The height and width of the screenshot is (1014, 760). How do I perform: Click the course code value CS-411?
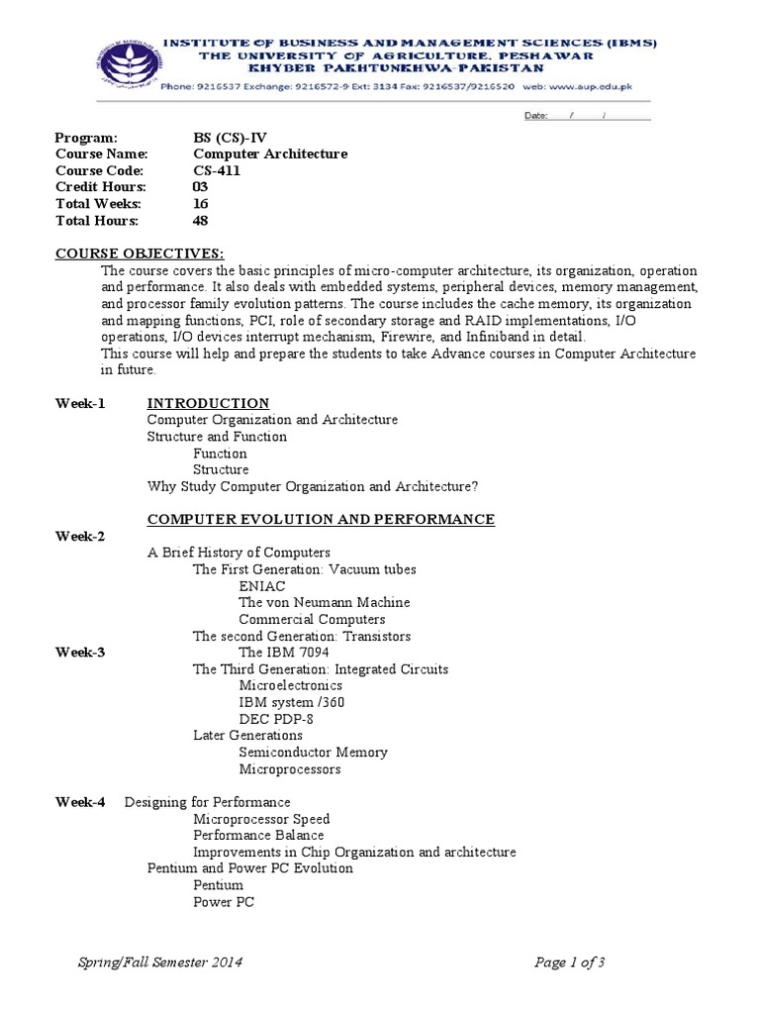pos(216,170)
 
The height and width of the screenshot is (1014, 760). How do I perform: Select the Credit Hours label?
pos(101,187)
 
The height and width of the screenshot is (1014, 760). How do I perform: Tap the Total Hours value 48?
pos(201,221)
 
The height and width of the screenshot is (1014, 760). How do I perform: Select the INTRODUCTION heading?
pos(208,403)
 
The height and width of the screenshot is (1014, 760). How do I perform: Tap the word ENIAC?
pos(262,586)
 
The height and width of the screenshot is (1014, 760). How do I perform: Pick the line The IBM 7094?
pos(284,653)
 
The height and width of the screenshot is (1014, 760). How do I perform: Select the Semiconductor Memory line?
pos(314,753)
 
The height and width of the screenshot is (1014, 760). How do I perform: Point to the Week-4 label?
pos(80,802)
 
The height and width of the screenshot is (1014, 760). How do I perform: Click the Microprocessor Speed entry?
pos(261,819)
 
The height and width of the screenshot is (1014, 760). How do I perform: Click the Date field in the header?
pos(587,116)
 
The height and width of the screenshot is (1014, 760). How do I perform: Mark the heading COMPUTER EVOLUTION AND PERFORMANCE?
pos(321,519)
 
